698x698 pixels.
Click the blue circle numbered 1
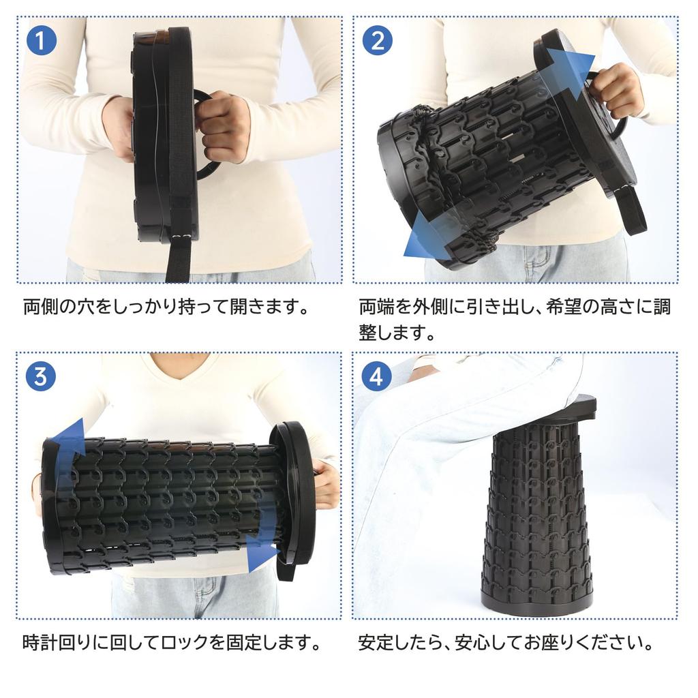pyautogui.click(x=42, y=41)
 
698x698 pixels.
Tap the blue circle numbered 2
pyautogui.click(x=377, y=41)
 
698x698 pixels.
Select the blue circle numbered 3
pyautogui.click(x=42, y=376)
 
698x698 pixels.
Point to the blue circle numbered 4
pyautogui.click(x=377, y=376)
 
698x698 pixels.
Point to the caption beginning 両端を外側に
pyautogui.click(x=515, y=319)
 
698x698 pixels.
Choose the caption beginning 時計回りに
pyautogui.click(x=171, y=641)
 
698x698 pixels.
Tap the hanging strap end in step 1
pyautogui.click(x=177, y=262)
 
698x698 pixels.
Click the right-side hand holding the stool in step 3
pyautogui.click(x=326, y=484)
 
